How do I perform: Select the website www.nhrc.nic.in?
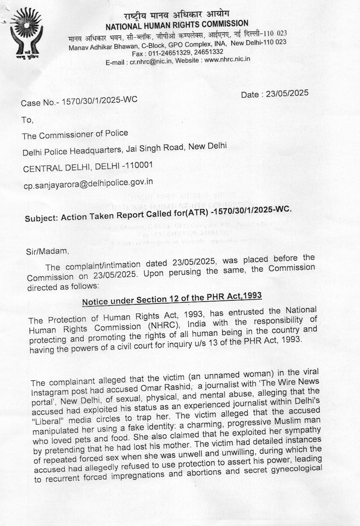point(227,59)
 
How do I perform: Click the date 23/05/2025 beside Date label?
point(287,93)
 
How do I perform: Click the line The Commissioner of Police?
point(75,135)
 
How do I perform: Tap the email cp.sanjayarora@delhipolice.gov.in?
point(88,183)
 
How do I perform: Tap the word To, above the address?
point(27,120)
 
